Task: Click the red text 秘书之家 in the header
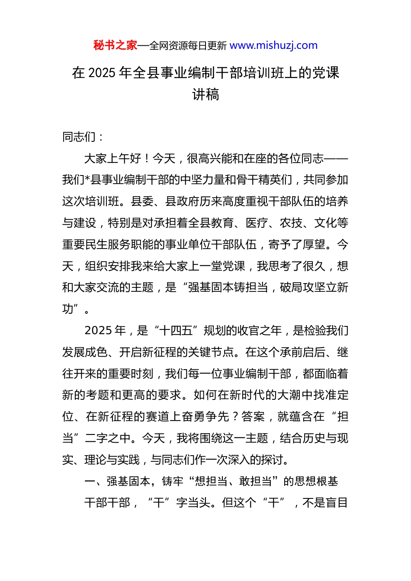115,45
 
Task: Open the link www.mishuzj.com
273,45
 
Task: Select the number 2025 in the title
102,73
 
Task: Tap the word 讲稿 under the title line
205,94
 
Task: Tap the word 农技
291,223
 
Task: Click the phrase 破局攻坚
302,287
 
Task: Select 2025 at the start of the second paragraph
99,331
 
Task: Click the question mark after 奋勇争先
235,417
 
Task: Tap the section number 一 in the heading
90,482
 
